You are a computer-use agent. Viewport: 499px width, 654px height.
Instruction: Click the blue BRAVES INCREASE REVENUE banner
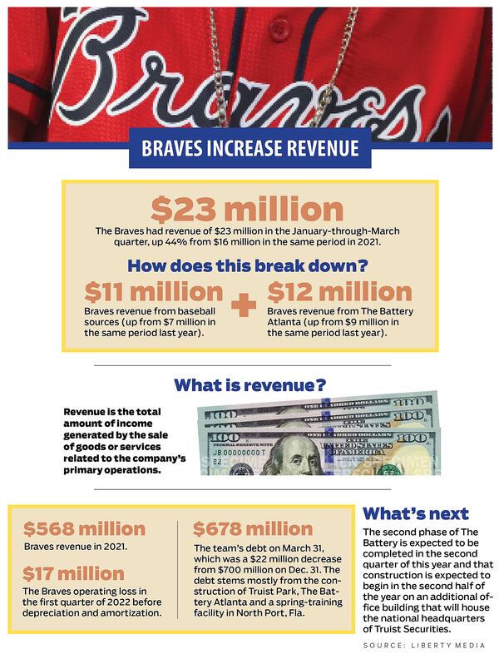249,149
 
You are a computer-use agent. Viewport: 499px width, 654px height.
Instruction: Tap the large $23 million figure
247,209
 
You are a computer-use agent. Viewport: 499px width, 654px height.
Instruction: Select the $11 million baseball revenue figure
154,292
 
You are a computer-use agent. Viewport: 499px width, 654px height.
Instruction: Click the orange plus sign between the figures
244,305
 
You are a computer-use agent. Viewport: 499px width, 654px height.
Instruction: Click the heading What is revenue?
249,385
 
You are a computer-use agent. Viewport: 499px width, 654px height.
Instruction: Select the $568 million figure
84,529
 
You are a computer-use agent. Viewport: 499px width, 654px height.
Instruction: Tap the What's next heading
416,513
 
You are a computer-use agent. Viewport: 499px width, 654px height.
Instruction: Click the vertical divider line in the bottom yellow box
179,569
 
